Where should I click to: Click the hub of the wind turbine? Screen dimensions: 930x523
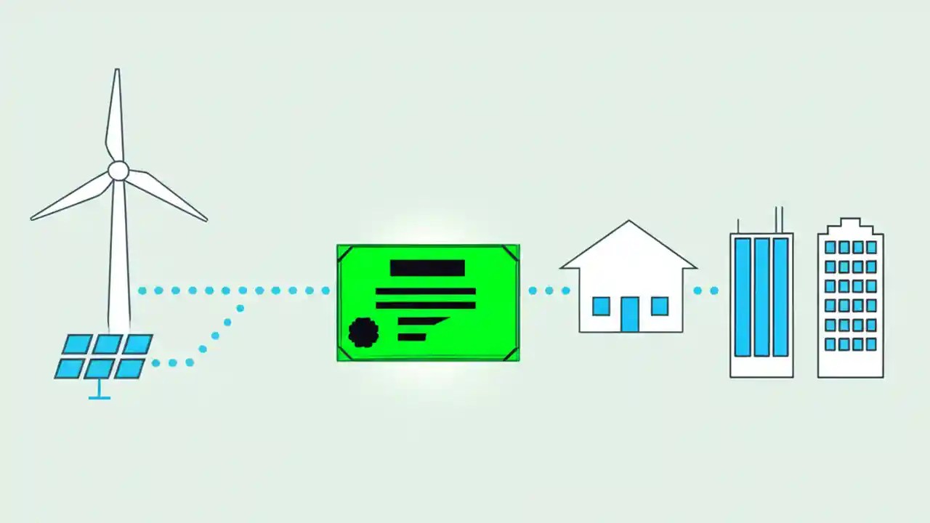118,171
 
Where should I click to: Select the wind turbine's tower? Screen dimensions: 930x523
119,254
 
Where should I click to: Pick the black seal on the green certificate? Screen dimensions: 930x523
363,332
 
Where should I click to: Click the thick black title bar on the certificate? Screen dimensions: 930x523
427,267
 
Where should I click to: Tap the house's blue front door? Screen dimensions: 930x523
629,314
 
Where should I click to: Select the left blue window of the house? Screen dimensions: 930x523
601,306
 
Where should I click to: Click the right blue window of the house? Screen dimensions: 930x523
659,306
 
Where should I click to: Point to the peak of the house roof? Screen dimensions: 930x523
629,222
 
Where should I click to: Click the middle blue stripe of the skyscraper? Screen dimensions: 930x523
761,296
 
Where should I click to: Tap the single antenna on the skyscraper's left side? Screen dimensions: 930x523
738,225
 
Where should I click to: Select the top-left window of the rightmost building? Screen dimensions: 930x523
830,248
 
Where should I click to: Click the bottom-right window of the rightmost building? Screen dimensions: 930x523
871,344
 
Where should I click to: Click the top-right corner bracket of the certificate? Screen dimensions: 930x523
511,253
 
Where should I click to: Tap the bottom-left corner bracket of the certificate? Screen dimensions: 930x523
345,352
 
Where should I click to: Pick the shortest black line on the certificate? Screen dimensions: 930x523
412,337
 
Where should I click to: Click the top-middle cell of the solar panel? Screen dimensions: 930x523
107,344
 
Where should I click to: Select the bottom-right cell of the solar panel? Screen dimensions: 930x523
129,368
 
